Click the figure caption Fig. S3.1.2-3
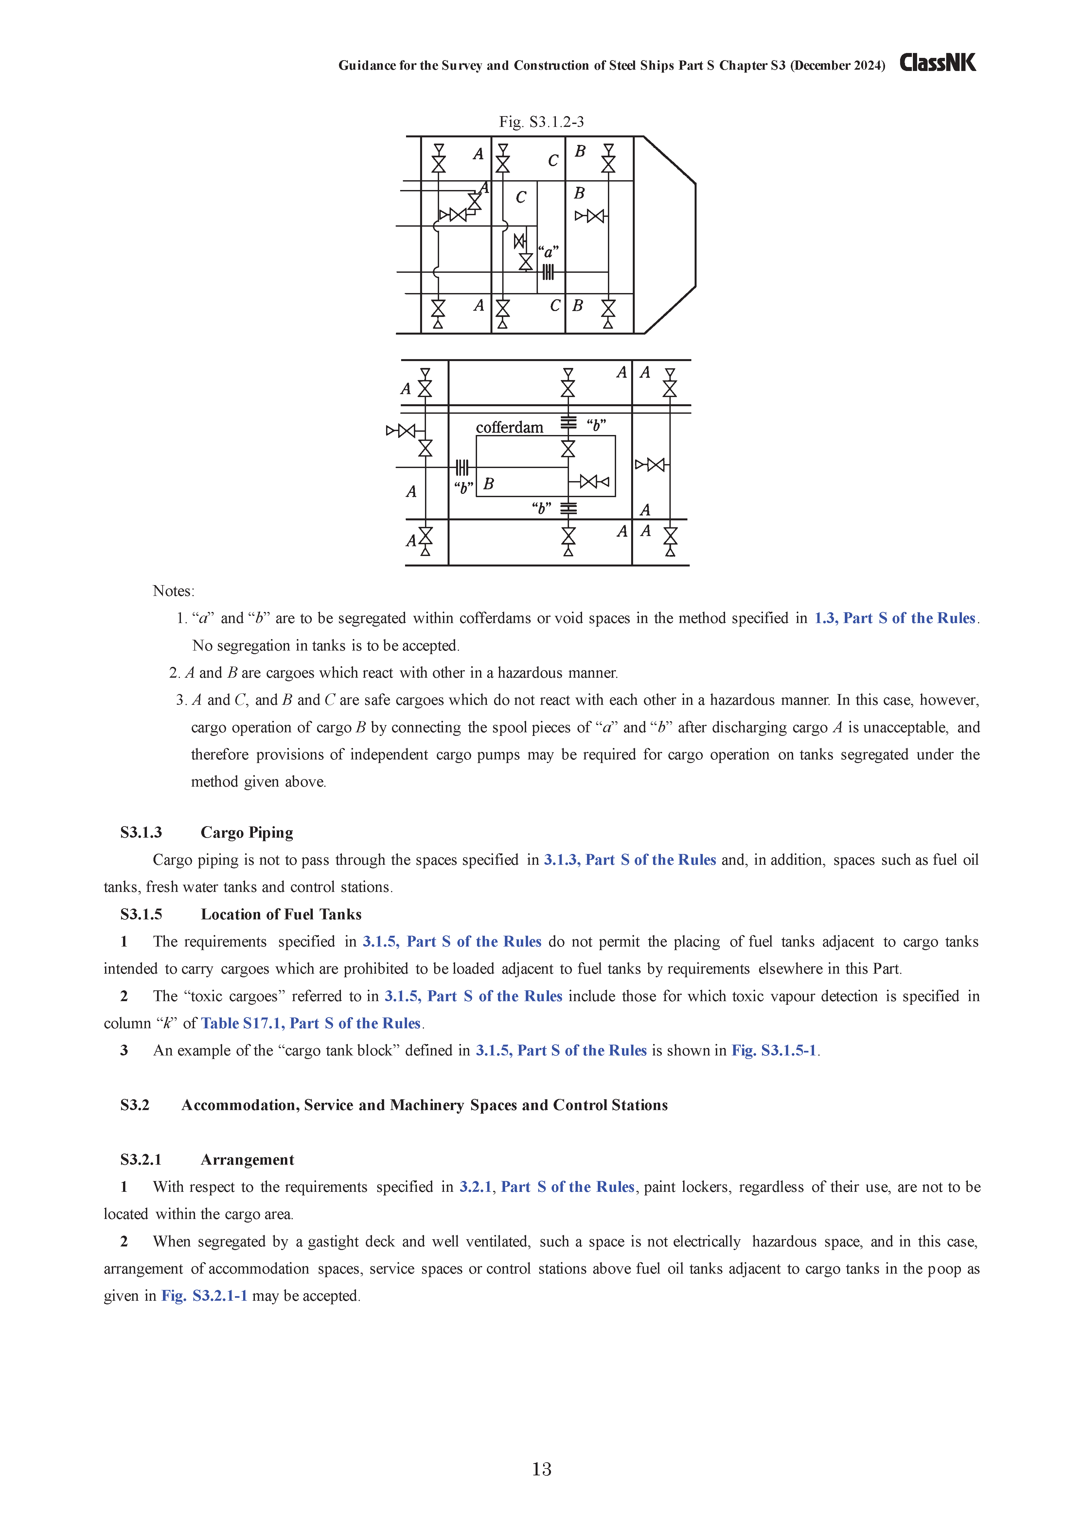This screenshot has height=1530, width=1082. [541, 122]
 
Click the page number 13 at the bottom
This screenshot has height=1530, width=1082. [541, 1469]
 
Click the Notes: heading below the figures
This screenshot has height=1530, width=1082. [173, 591]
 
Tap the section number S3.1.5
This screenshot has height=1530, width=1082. [141, 914]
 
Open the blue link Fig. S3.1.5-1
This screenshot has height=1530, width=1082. [774, 1051]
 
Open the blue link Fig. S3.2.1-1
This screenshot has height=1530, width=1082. [204, 1296]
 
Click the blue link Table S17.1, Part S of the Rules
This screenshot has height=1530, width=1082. [311, 1024]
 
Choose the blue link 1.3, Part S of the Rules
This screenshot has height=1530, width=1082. [895, 618]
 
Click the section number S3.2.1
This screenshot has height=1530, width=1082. [141, 1160]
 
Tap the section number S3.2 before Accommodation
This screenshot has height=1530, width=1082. [135, 1105]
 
